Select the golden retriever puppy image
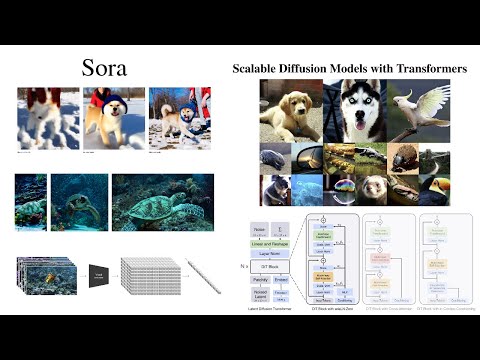[x=290, y=109]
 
